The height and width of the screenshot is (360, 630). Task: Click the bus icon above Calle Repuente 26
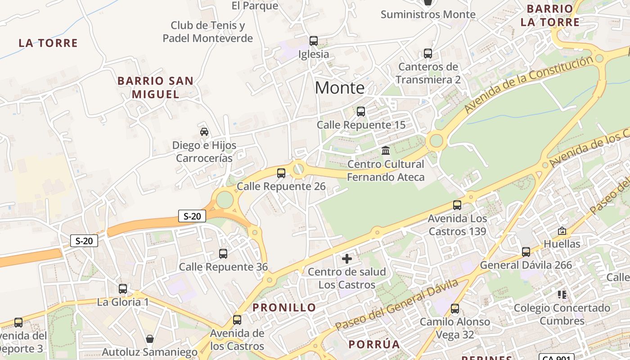(x=281, y=173)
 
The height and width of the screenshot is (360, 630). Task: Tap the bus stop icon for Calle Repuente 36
(x=223, y=253)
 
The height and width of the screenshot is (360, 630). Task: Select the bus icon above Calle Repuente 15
(x=360, y=112)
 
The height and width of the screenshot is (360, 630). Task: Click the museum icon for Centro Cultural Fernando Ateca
(x=386, y=150)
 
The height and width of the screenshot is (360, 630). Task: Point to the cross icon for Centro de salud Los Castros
(x=347, y=259)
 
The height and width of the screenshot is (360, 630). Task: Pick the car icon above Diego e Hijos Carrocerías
(x=204, y=132)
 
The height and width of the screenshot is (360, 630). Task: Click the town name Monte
(x=339, y=88)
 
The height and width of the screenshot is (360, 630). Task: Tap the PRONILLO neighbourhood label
(x=284, y=308)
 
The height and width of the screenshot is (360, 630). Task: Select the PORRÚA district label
(x=374, y=345)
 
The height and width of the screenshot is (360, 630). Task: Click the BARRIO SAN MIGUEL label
(x=156, y=87)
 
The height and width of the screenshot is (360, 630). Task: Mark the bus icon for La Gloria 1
(x=123, y=289)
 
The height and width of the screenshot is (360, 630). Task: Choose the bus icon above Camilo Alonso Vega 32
(x=455, y=309)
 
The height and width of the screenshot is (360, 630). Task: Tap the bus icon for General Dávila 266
(x=526, y=252)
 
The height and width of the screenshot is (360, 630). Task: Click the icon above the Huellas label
(x=562, y=231)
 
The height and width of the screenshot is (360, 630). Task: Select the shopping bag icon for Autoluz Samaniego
(x=150, y=339)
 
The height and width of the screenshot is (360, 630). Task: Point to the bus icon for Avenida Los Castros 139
(x=457, y=205)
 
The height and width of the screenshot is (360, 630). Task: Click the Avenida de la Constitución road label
(x=529, y=85)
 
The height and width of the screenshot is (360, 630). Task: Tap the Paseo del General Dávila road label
(x=397, y=304)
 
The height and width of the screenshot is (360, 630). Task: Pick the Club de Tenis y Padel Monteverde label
(x=207, y=32)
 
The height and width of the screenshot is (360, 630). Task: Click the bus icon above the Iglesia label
(x=314, y=41)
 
